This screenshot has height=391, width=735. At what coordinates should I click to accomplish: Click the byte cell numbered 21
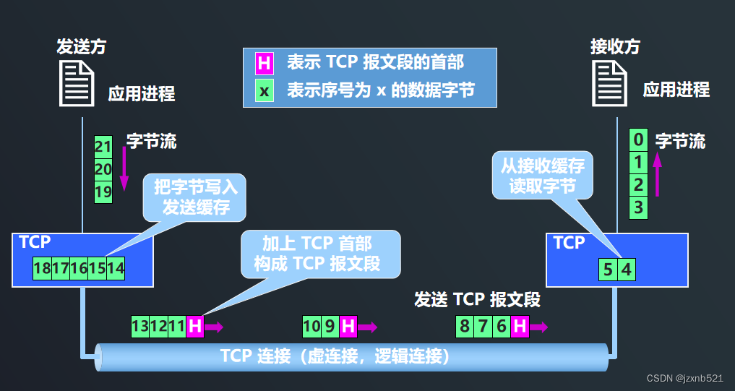[x=103, y=147]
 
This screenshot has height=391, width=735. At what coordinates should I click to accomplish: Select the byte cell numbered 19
[x=103, y=192]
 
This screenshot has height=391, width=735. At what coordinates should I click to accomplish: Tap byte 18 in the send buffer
[x=42, y=268]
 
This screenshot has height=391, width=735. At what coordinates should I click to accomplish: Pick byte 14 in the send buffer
[x=116, y=268]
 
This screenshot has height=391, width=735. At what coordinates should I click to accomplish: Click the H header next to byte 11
[x=194, y=327]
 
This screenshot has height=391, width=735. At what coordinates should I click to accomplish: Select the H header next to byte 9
[x=348, y=327]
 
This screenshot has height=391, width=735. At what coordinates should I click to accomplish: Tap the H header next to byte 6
[x=520, y=327]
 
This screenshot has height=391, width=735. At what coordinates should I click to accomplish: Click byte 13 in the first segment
[x=140, y=327]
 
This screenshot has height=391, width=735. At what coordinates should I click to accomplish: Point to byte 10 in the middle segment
[x=311, y=327]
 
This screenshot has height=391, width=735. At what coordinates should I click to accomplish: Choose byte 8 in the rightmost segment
[x=465, y=327]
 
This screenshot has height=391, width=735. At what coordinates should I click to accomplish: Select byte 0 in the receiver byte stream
[x=637, y=139]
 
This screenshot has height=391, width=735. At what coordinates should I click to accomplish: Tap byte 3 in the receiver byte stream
[x=637, y=208]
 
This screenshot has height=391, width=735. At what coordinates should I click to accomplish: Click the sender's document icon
[x=76, y=83]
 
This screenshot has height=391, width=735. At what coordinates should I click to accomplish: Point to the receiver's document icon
[x=610, y=83]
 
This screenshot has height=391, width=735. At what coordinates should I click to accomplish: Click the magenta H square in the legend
[x=264, y=63]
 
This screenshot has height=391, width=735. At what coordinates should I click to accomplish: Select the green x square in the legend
[x=264, y=92]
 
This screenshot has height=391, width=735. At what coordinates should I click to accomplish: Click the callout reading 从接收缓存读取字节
[x=542, y=176]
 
